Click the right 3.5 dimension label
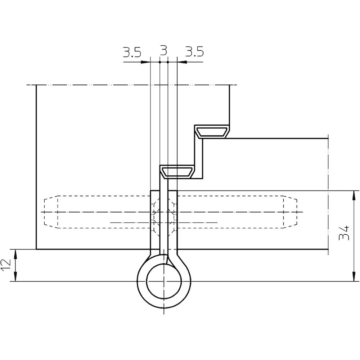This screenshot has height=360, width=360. coord(194,52)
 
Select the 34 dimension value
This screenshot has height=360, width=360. coord(344,233)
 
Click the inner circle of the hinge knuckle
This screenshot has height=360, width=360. coord(164,281)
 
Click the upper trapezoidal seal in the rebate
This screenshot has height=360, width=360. coord(212,131)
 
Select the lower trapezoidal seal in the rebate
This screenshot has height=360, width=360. coord(177,172)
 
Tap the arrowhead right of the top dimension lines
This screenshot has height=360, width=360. coord(182,62)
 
